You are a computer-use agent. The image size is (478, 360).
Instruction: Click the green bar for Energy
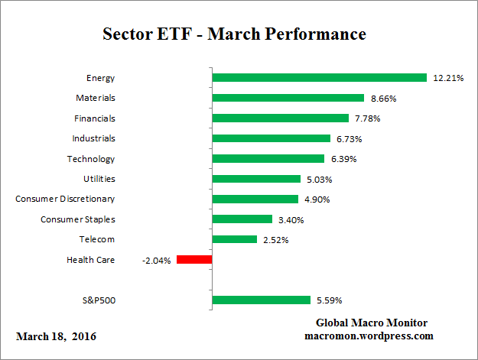(x=319, y=77)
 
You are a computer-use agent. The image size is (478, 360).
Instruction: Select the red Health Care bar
(x=194, y=260)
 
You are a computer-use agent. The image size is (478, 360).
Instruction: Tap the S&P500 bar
(x=261, y=300)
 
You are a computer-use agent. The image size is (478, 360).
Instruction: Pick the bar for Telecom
(x=234, y=239)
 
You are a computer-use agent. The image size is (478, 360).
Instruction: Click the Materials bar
(x=288, y=98)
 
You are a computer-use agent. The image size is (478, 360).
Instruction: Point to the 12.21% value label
(x=447, y=78)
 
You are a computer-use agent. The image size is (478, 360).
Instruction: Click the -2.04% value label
(x=157, y=261)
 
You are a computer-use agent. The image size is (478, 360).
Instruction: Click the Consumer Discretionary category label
(x=65, y=199)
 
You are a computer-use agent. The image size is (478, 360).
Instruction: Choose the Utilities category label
(x=99, y=179)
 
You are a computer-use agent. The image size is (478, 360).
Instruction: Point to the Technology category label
(x=91, y=159)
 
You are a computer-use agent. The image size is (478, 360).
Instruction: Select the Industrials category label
(x=94, y=138)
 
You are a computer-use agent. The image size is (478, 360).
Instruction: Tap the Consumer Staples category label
(x=78, y=219)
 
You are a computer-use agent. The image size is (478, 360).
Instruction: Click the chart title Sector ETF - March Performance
(x=234, y=34)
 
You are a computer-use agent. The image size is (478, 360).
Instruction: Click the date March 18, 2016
(x=56, y=336)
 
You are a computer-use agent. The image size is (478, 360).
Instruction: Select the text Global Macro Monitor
(x=371, y=323)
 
